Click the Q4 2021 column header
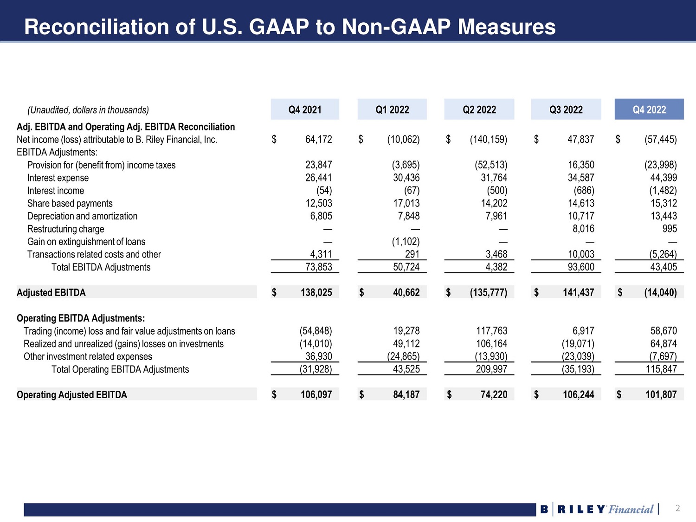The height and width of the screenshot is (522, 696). pyautogui.click(x=305, y=110)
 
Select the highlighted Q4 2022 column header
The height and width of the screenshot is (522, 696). pyautogui.click(x=649, y=110)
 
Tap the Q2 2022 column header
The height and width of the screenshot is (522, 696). pyautogui.click(x=479, y=110)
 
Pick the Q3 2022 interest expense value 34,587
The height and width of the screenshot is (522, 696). pyautogui.click(x=580, y=178)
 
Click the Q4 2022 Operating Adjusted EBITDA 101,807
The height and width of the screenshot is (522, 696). pyautogui.click(x=661, y=394)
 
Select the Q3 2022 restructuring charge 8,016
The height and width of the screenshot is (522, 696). pyautogui.click(x=583, y=229)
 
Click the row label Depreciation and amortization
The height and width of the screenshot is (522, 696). pyautogui.click(x=82, y=216)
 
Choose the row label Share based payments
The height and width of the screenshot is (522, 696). pyautogui.click(x=70, y=203)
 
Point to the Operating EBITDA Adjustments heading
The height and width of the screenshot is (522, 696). pyautogui.click(x=81, y=318)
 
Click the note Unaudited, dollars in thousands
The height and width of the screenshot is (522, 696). pyautogui.click(x=88, y=110)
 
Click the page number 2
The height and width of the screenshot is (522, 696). pyautogui.click(x=677, y=508)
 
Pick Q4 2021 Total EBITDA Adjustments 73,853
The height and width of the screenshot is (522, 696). pyautogui.click(x=318, y=267)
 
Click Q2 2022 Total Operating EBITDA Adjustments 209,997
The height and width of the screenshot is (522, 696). pyautogui.click(x=491, y=369)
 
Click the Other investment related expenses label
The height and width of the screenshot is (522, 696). pyautogui.click(x=88, y=356)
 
